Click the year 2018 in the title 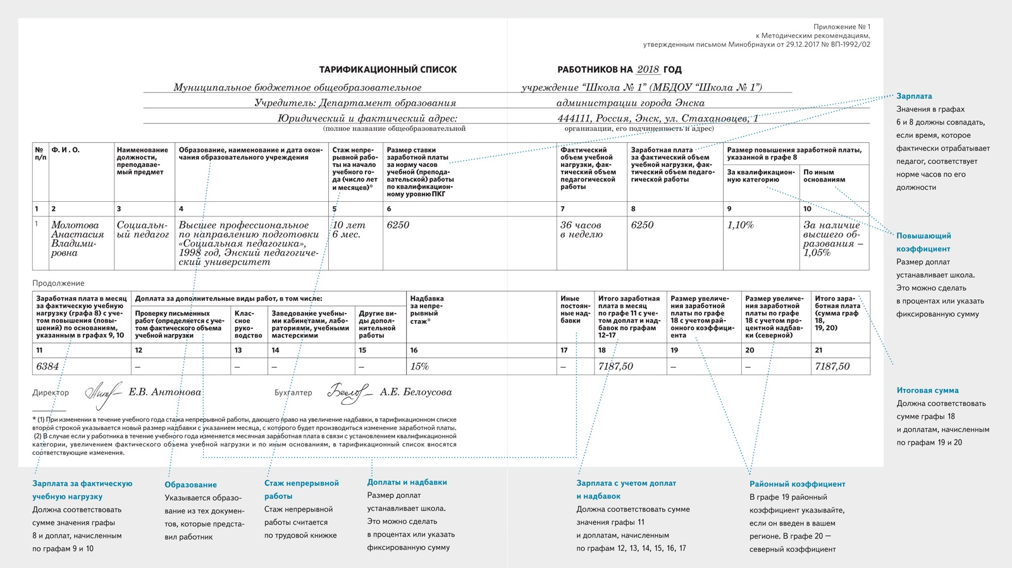648,70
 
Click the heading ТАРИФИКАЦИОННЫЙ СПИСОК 388,70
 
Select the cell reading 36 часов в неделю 581,230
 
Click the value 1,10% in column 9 740,225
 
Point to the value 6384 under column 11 47,366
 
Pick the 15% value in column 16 419,366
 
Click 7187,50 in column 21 832,366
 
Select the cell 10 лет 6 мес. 349,230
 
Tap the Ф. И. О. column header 65,150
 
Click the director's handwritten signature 103,393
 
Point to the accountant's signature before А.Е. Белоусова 349,393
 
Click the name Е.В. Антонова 164,392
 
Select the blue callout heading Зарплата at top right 914,96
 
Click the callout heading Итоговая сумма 927,390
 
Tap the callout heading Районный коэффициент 797,484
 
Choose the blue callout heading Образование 190,485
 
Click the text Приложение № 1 841,27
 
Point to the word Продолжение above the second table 58,283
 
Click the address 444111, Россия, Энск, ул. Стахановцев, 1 658,118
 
